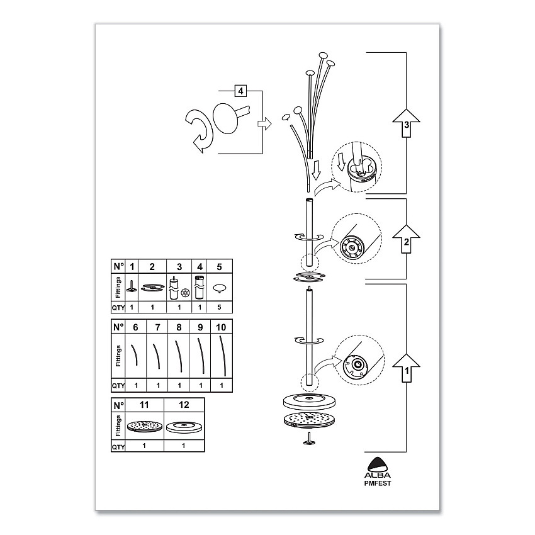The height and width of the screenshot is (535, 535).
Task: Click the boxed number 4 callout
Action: pos(241,91)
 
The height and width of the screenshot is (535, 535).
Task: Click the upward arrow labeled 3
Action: pos(406,123)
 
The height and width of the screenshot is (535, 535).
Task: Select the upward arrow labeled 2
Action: pos(406,239)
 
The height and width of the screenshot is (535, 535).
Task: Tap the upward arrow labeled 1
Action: pos(406,368)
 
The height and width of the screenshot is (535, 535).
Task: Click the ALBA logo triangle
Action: pos(378,464)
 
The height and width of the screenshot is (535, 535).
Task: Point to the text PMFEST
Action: pos(378,483)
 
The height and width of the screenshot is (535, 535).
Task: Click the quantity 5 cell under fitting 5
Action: pos(220,307)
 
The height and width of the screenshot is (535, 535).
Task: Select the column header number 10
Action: pos(221,327)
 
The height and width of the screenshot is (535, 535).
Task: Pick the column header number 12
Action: pos(184,405)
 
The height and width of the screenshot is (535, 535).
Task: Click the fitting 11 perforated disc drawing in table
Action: pos(145,427)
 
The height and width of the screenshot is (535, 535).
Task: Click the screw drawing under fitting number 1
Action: pos(132,286)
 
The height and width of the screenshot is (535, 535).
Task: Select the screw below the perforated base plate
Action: pos(310,439)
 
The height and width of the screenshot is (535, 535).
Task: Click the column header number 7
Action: pos(157,327)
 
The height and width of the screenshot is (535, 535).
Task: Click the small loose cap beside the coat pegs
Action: pos(286,117)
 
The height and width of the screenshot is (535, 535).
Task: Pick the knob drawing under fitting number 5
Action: pos(219,288)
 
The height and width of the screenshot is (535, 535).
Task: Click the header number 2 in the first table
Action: pos(152,266)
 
